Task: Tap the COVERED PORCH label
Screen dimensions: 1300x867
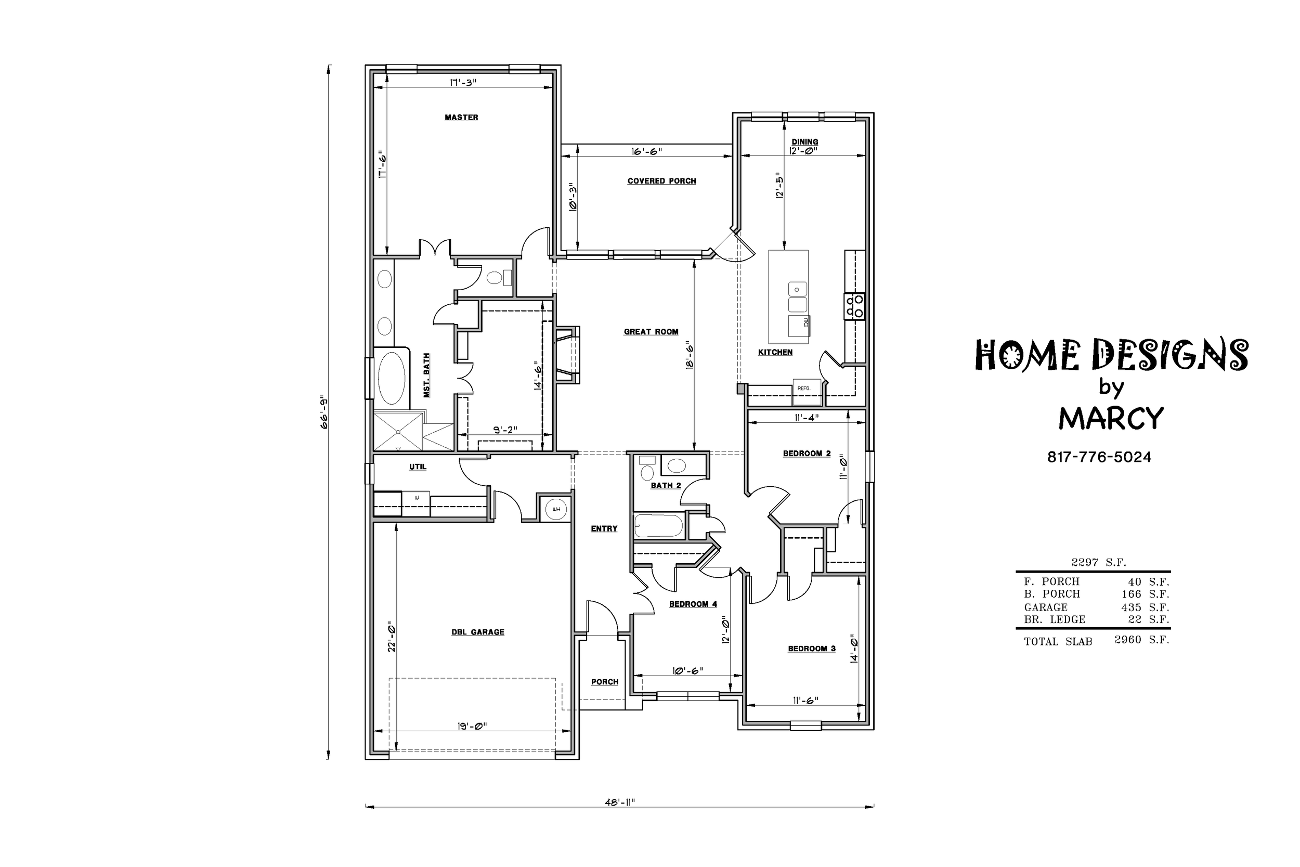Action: coord(661,181)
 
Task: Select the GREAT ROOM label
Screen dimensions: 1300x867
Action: coord(651,332)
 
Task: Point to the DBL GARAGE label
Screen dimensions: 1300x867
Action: coord(477,632)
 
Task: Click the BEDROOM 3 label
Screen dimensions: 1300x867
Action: coord(811,649)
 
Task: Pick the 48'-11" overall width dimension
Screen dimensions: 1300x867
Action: coord(620,803)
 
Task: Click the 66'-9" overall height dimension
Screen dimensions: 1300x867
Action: coord(324,412)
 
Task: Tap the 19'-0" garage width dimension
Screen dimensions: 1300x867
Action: coord(472,726)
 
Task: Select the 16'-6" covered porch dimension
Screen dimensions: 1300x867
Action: coord(647,151)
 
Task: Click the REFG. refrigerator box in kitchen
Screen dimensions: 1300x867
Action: coord(803,388)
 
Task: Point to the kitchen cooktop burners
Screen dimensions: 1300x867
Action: coord(854,306)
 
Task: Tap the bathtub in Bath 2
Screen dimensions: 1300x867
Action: coord(658,526)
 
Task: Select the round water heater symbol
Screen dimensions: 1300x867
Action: coord(556,509)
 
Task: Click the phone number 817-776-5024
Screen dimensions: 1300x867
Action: coord(1099,457)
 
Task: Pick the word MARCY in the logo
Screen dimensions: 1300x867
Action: coord(1111,419)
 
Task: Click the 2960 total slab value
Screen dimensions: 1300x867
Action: coord(1127,640)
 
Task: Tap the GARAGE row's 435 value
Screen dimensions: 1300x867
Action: coord(1132,607)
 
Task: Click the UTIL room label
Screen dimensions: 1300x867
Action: coord(418,467)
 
